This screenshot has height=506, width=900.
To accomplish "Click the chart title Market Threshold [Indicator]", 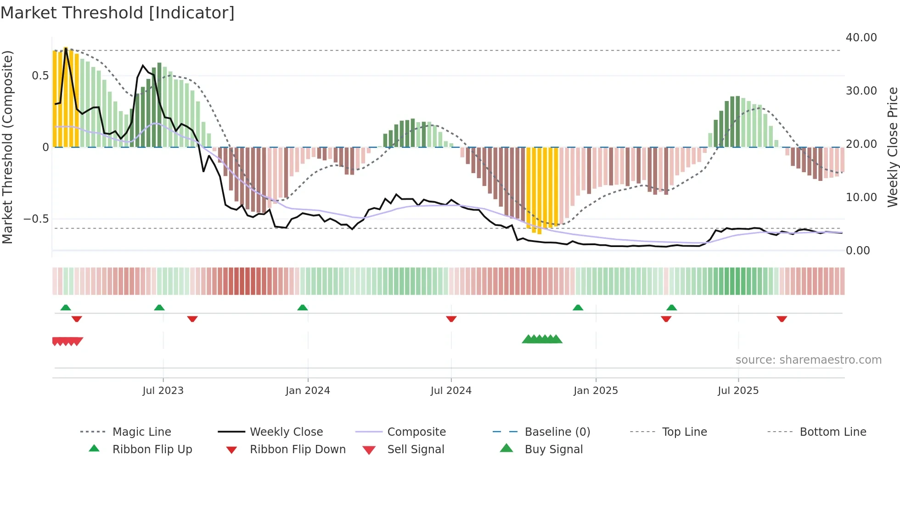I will click(x=118, y=13).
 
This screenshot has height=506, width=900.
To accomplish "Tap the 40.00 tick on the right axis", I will click(x=861, y=38).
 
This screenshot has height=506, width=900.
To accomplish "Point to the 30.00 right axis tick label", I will click(x=861, y=91).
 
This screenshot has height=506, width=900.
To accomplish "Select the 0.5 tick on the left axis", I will click(x=40, y=76).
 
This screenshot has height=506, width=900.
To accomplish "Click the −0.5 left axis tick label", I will click(x=36, y=219).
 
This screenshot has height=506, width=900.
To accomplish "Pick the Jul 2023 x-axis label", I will click(x=163, y=391).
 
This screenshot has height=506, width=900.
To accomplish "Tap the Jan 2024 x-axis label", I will click(x=308, y=391).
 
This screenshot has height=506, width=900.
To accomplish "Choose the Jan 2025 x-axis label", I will click(x=596, y=391).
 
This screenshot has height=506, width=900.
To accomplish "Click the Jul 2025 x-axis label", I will click(x=738, y=391).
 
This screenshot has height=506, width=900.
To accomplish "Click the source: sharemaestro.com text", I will click(x=808, y=360).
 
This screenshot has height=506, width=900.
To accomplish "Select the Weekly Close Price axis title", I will click(x=892, y=147).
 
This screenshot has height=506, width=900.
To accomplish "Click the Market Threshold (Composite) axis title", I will click(x=7, y=147).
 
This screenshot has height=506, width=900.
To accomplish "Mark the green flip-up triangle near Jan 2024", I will click(x=303, y=308).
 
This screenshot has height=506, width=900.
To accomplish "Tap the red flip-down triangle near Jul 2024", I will click(x=451, y=319).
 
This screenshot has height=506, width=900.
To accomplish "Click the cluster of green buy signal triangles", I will click(x=542, y=339).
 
